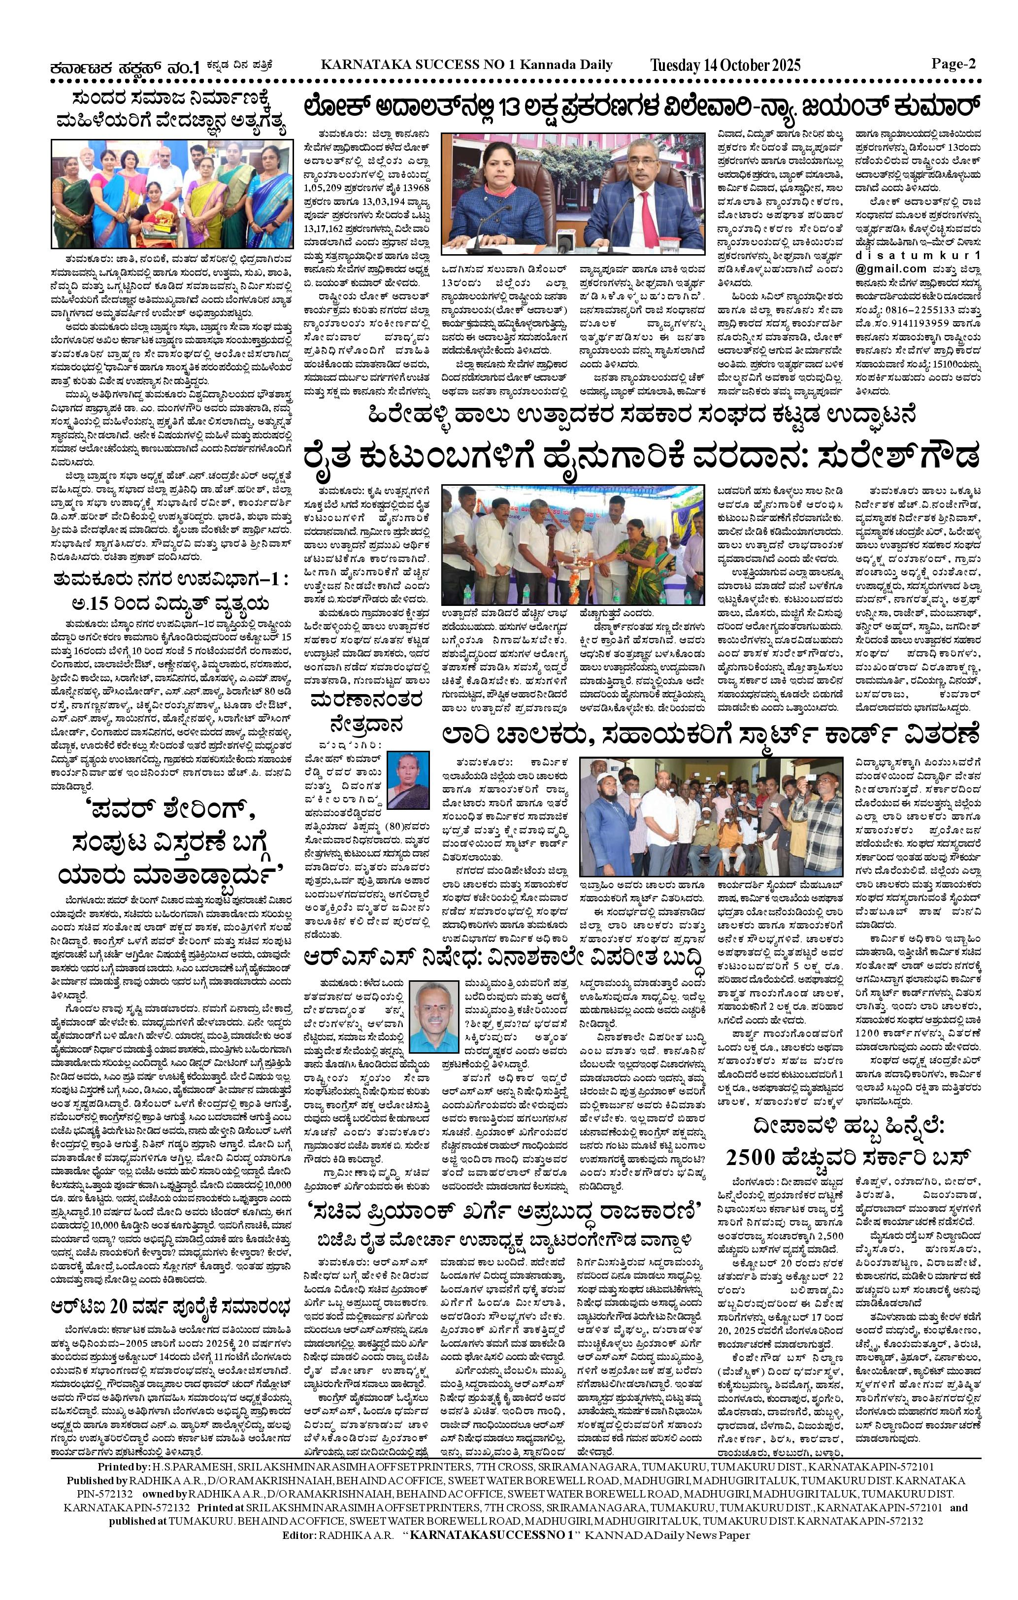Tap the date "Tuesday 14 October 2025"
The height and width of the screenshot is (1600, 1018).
tap(725, 65)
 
